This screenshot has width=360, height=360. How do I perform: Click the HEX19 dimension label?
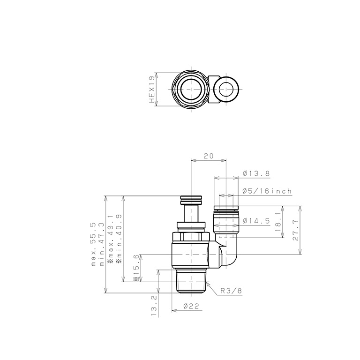coord(152,90)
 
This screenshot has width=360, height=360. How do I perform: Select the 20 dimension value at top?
coord(209,156)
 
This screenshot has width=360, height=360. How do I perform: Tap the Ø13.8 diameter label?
coord(256,173)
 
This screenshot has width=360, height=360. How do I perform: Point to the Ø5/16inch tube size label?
coord(267,191)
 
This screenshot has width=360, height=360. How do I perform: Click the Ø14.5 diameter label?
coord(256,221)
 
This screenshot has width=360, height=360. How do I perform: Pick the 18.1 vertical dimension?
coord(278,222)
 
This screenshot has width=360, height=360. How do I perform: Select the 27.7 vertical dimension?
coord(295,230)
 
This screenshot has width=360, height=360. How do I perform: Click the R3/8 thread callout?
coord(231,291)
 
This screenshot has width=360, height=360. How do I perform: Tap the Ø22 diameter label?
coord(191,306)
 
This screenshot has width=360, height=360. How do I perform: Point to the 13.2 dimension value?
coord(154,306)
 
